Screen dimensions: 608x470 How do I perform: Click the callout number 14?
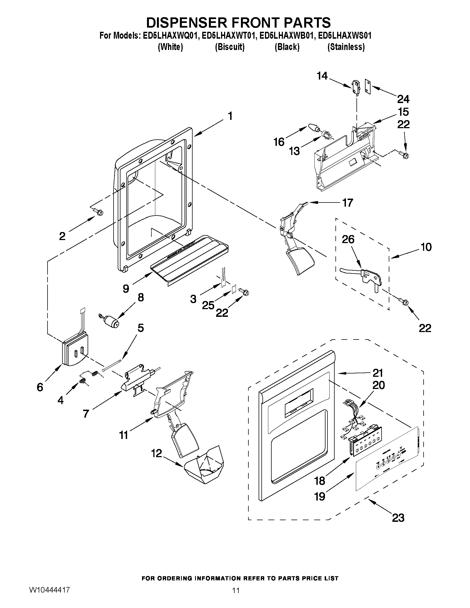[322, 76]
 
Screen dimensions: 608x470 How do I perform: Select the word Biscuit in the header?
[230, 47]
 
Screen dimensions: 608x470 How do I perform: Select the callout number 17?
[348, 203]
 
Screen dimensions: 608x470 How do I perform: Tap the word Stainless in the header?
[346, 47]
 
